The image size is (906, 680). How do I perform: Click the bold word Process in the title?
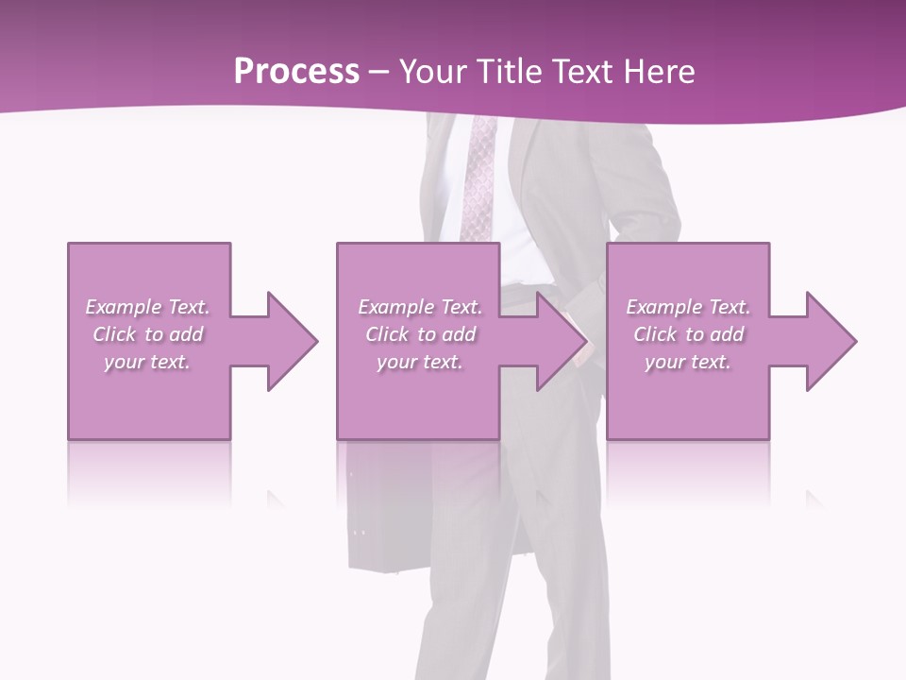point(296,72)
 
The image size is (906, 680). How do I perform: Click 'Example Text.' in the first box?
point(147,307)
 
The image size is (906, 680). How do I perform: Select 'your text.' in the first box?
point(147,362)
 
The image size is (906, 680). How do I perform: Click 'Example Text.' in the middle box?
point(420,307)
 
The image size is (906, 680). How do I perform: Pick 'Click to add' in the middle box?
point(420,334)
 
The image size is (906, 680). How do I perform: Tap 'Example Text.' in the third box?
point(688,307)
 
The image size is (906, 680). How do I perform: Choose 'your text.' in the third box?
point(688,362)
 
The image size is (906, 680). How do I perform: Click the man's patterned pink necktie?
point(479,179)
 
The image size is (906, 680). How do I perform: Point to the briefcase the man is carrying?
point(387,510)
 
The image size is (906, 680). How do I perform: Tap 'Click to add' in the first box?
point(147,334)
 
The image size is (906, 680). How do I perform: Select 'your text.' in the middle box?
point(420,362)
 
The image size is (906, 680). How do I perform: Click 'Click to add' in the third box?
point(688,334)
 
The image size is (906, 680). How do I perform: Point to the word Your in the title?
point(433,72)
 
